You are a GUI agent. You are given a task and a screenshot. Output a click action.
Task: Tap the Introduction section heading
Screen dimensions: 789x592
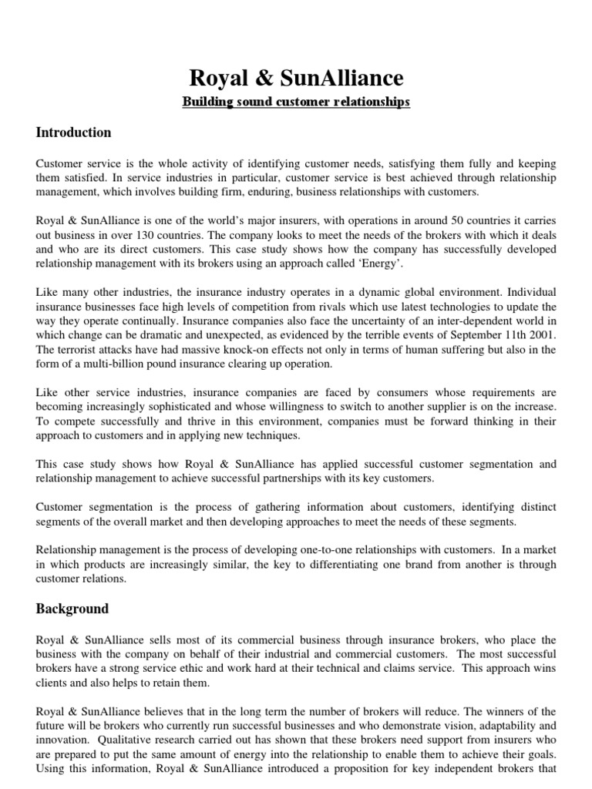73,133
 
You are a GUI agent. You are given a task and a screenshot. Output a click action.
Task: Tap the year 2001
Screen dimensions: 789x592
541,336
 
